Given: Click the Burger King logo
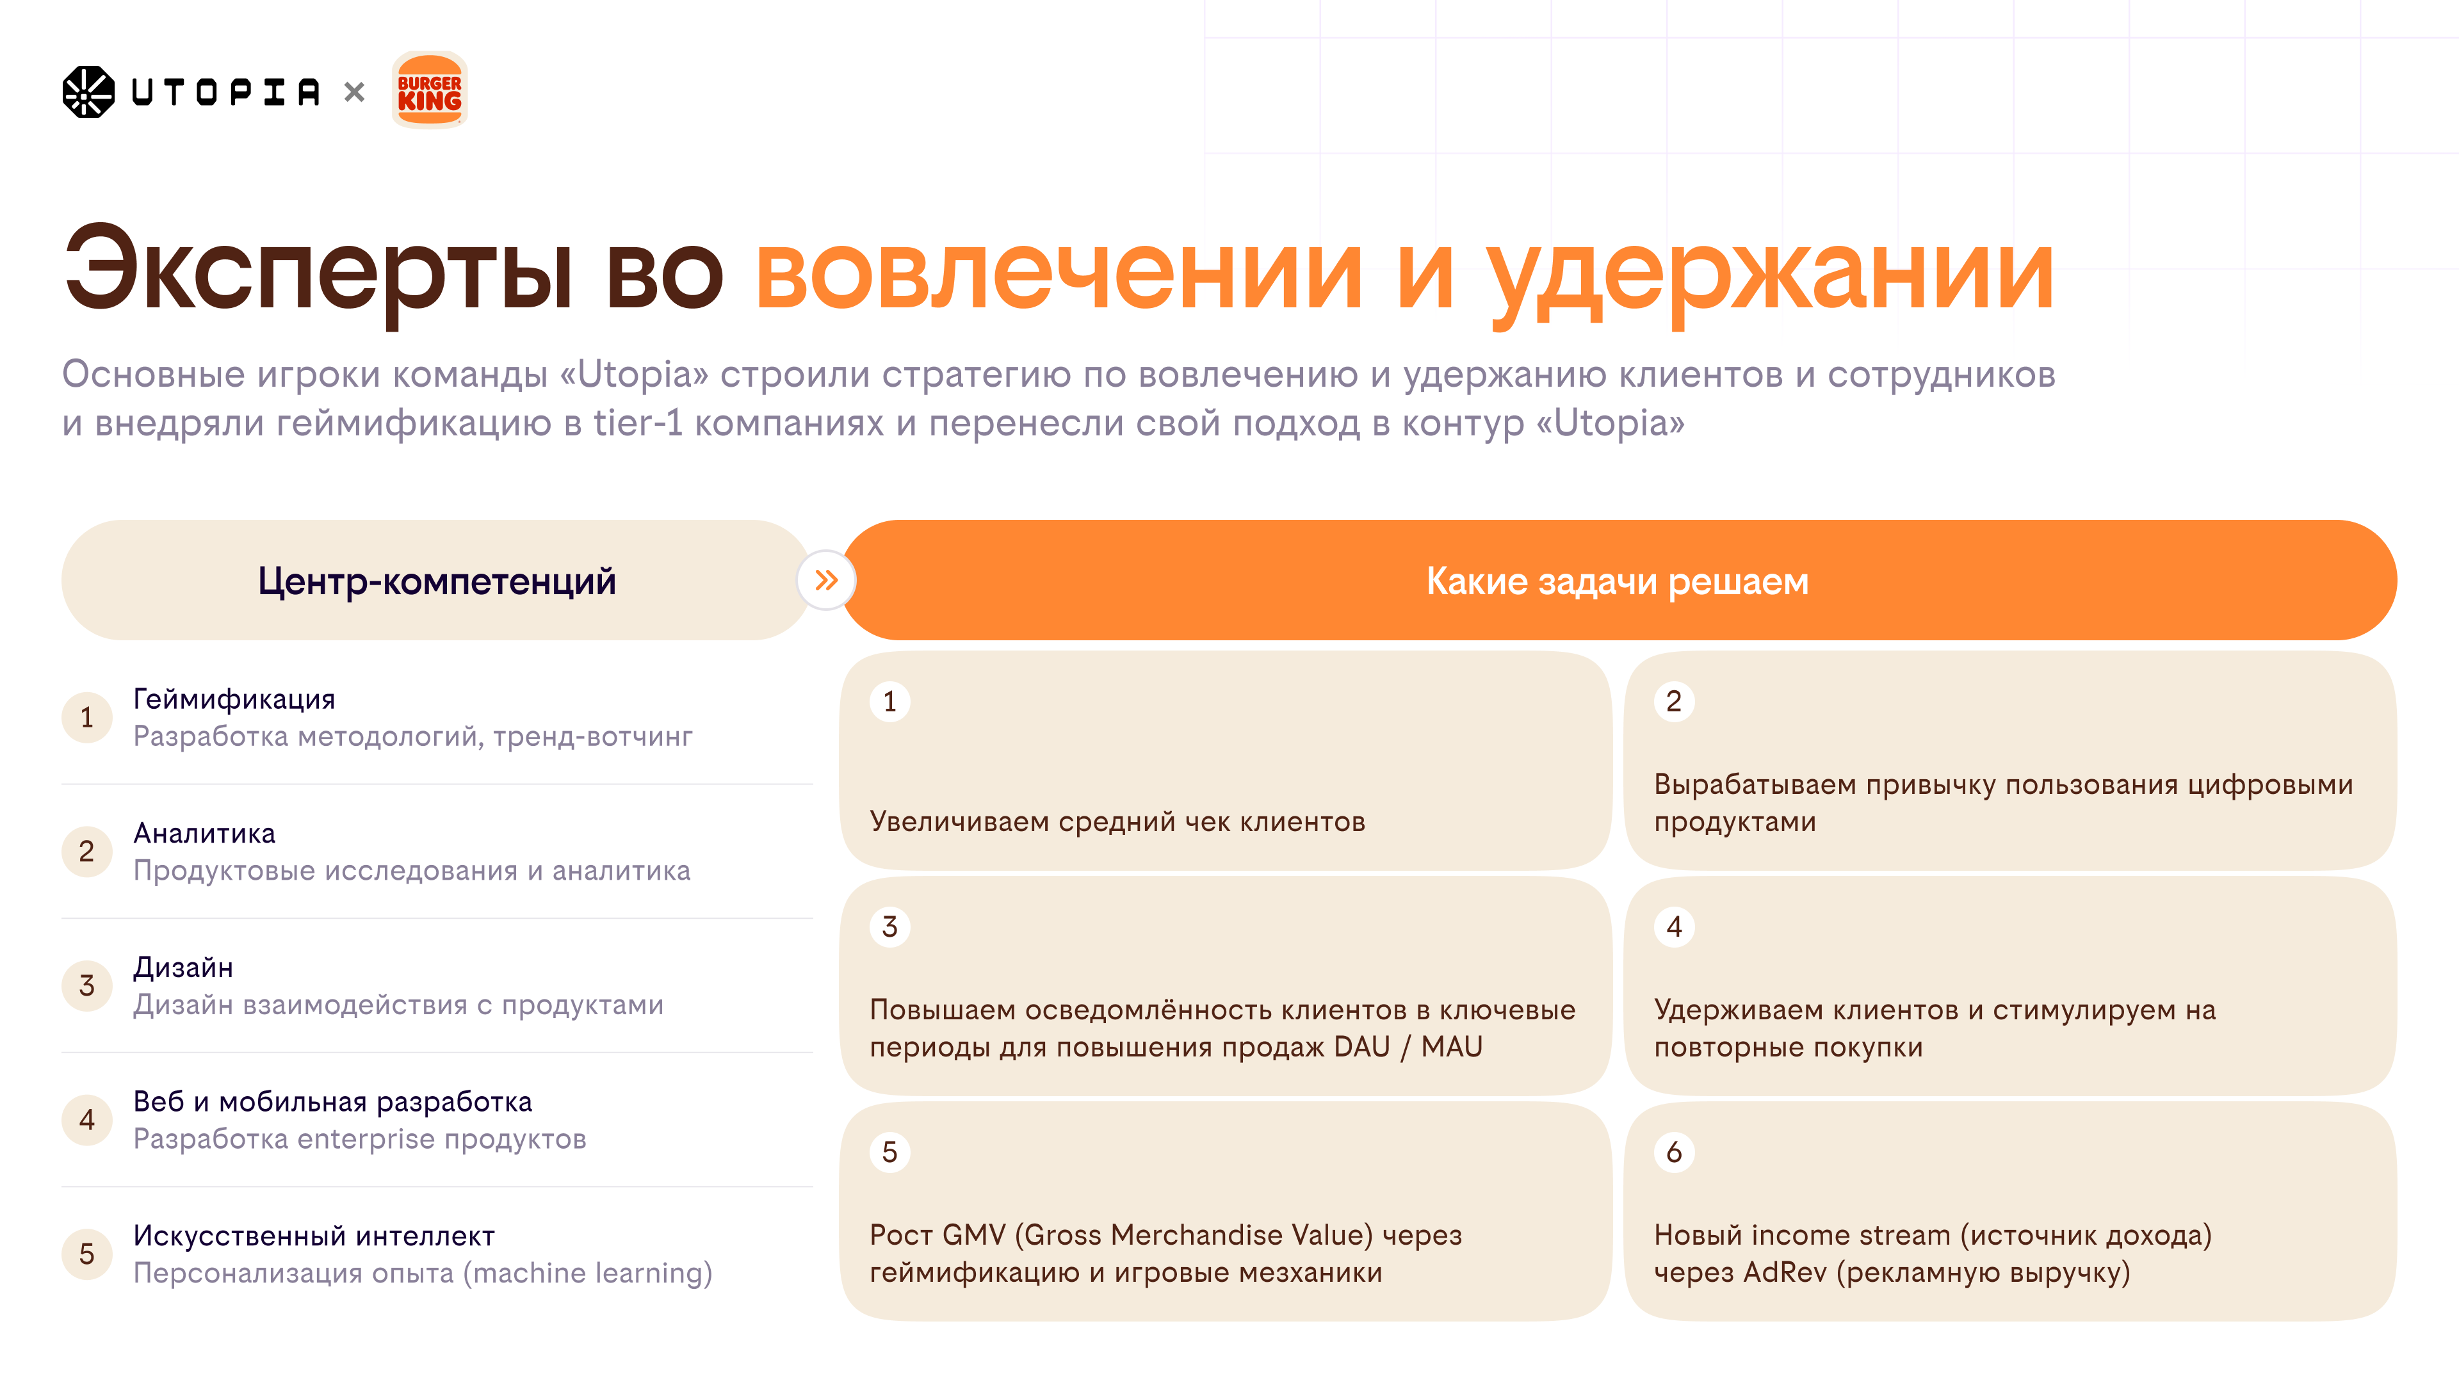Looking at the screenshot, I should [430, 91].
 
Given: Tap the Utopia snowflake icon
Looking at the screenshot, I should [88, 92].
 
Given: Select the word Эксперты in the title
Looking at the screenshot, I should [318, 272].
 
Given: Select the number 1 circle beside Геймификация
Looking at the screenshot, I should [87, 717].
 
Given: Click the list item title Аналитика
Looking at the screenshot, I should [204, 833].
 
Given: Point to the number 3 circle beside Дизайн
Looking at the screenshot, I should [87, 985].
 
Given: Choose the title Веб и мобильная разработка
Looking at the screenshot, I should [332, 1101].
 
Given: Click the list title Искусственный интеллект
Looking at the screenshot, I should [314, 1236].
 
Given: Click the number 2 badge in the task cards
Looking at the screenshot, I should [1673, 702].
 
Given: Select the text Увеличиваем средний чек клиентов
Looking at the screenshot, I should [1117, 821].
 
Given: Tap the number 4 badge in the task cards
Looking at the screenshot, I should [1673, 926].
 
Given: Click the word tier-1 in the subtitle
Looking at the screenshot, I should [638, 423].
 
